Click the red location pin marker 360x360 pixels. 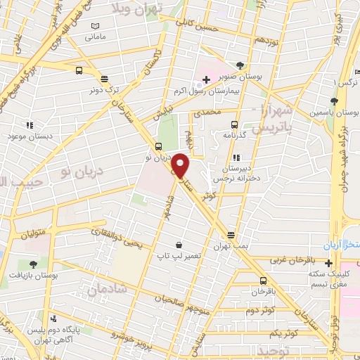point(181,165)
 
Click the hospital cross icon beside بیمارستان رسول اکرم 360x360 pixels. point(205,79)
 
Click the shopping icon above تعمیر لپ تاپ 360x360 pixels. point(179,245)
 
